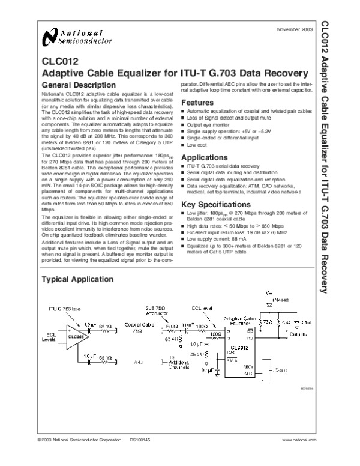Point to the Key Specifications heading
click(x=217, y=205)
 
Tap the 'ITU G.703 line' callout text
click(x=64, y=308)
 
